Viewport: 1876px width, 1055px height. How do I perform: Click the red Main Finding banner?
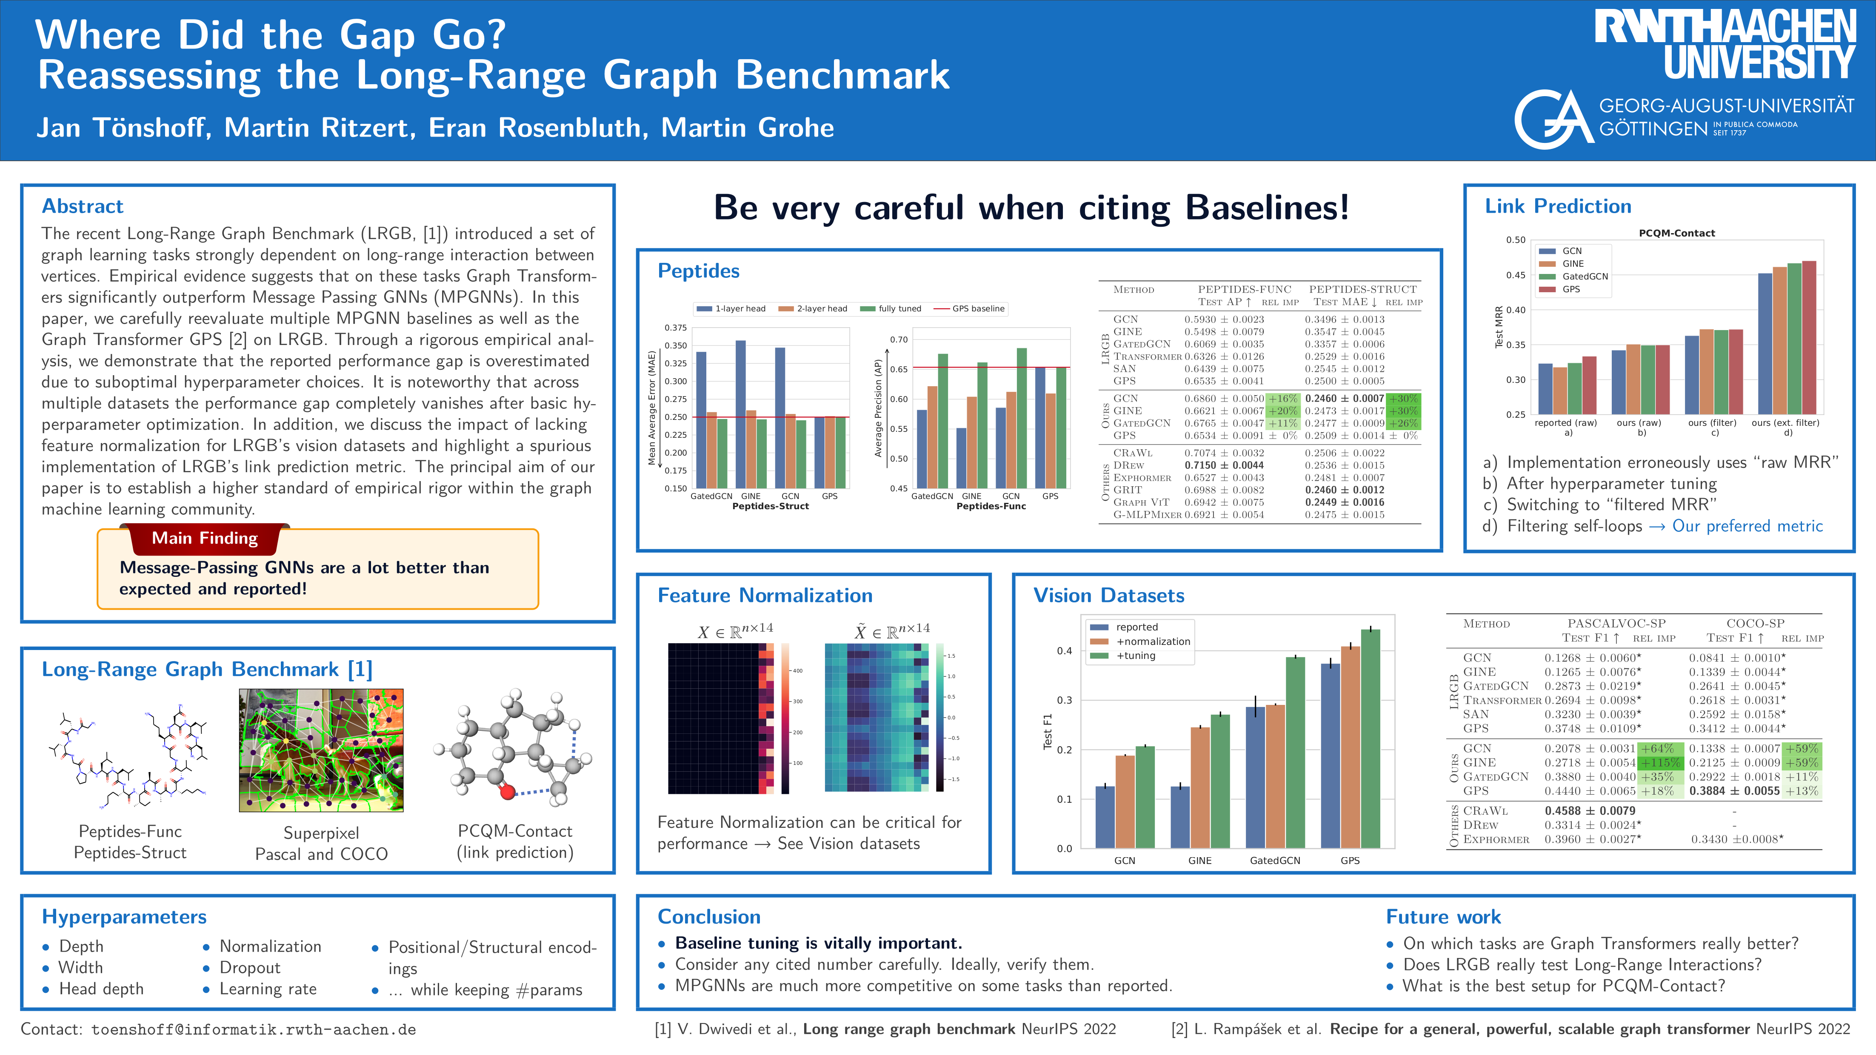205,538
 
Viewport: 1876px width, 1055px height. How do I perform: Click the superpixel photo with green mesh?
321,750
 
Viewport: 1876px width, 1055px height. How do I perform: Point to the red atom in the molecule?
508,791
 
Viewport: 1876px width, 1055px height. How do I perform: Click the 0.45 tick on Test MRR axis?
1516,275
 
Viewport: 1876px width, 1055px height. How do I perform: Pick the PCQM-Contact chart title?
1676,233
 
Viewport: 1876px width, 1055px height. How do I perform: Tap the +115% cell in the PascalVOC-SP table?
1660,762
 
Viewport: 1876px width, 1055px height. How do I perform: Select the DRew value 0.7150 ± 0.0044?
1224,465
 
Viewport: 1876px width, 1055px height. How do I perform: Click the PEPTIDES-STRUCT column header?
1362,289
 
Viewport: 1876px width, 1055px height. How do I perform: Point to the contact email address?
254,1029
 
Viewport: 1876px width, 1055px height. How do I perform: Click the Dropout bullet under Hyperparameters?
250,968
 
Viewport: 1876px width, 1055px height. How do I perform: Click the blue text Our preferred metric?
1747,526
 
